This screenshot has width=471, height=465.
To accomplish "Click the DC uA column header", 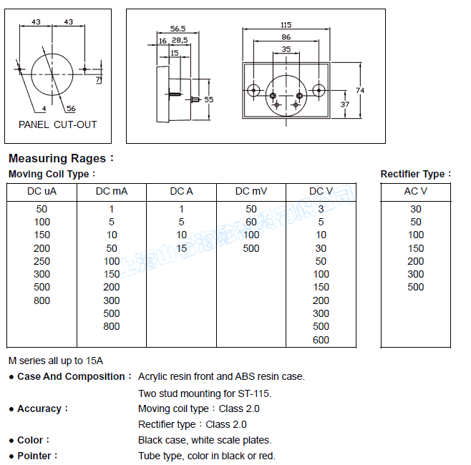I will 42,191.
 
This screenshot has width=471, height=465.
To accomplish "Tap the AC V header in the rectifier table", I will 415,191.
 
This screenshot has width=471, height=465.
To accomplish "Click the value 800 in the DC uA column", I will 42,300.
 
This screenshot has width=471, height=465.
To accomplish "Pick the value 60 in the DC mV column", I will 251,222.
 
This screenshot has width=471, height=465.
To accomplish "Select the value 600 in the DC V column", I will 321,340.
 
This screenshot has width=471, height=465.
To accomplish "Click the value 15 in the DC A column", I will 181,248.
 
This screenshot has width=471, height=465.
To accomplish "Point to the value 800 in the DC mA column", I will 111,326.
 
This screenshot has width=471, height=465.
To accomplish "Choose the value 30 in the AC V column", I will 415,209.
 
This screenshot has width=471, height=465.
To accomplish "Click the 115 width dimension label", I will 286,24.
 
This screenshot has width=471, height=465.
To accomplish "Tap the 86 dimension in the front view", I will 286,36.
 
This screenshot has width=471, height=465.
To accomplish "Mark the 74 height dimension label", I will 360,90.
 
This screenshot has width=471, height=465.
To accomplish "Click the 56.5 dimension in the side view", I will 178,29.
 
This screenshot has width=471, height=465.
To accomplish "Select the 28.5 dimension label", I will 179,41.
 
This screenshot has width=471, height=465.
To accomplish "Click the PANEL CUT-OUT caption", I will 57,124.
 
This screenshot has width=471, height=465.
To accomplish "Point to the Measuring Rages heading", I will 61,158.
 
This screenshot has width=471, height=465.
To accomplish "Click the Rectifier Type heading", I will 416,174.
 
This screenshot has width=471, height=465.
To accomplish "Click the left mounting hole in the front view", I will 253,90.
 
